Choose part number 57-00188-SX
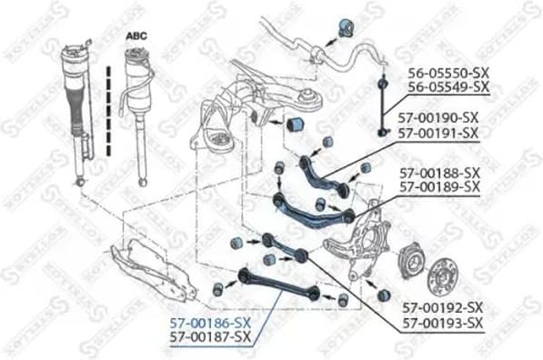[438, 172]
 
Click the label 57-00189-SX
[438, 186]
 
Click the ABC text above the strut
[135, 35]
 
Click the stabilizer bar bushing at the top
[346, 27]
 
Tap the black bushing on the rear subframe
[295, 123]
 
